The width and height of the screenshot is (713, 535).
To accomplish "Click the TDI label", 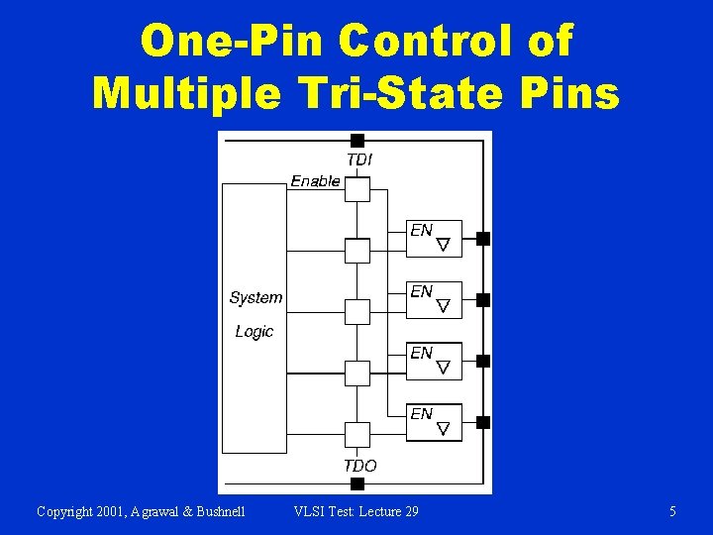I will (x=360, y=159).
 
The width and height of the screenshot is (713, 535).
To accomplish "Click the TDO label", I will (x=360, y=465).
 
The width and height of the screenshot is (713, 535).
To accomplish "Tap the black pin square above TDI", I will (x=357, y=141).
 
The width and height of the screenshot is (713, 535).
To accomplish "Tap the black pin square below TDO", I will (x=357, y=483).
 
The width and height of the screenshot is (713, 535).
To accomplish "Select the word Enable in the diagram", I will (x=315, y=181).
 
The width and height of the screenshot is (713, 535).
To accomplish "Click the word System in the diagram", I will (x=255, y=297).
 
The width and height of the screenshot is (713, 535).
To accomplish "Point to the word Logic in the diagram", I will (x=255, y=331).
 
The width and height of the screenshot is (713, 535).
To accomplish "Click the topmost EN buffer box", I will (x=436, y=238).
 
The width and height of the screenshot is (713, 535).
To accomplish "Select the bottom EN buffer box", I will (x=436, y=421).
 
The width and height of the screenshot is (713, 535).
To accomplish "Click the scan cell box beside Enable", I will (x=357, y=189).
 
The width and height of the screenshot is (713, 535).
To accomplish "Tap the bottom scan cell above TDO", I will (x=357, y=434).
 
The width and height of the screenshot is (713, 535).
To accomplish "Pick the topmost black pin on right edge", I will (x=483, y=238).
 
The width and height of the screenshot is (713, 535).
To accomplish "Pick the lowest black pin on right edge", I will (x=483, y=422).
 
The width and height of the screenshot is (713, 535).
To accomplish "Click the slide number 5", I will (x=673, y=511).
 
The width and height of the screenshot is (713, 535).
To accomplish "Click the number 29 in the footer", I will (x=409, y=511).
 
